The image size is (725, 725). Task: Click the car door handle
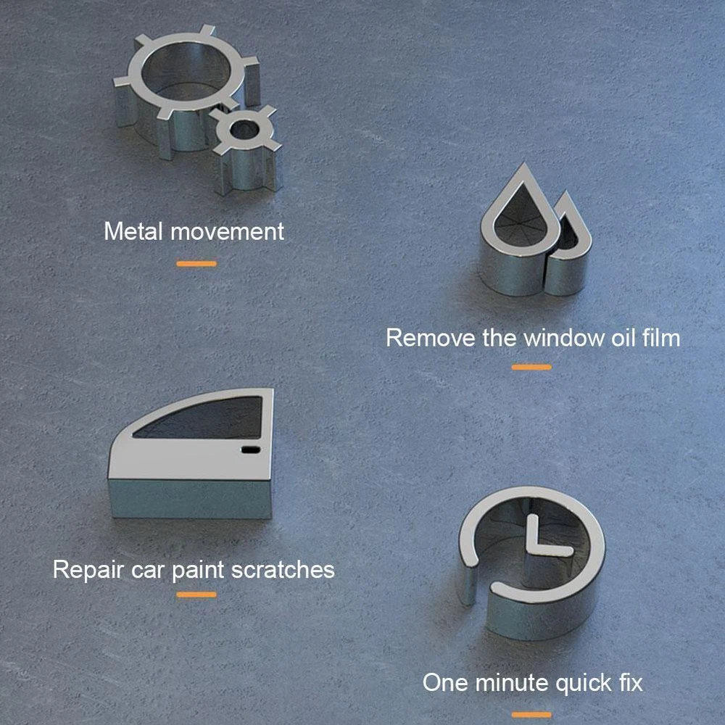[251, 449]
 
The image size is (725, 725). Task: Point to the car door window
[204, 419]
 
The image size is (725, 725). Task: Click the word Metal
[133, 231]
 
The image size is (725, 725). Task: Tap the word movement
[227, 232]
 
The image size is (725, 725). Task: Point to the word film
[662, 337]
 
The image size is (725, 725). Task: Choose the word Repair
[88, 570]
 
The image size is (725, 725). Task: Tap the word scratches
[283, 569]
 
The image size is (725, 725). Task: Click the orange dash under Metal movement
[196, 264]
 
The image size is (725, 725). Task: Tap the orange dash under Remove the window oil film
[531, 367]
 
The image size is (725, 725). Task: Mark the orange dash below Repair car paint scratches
[196, 594]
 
